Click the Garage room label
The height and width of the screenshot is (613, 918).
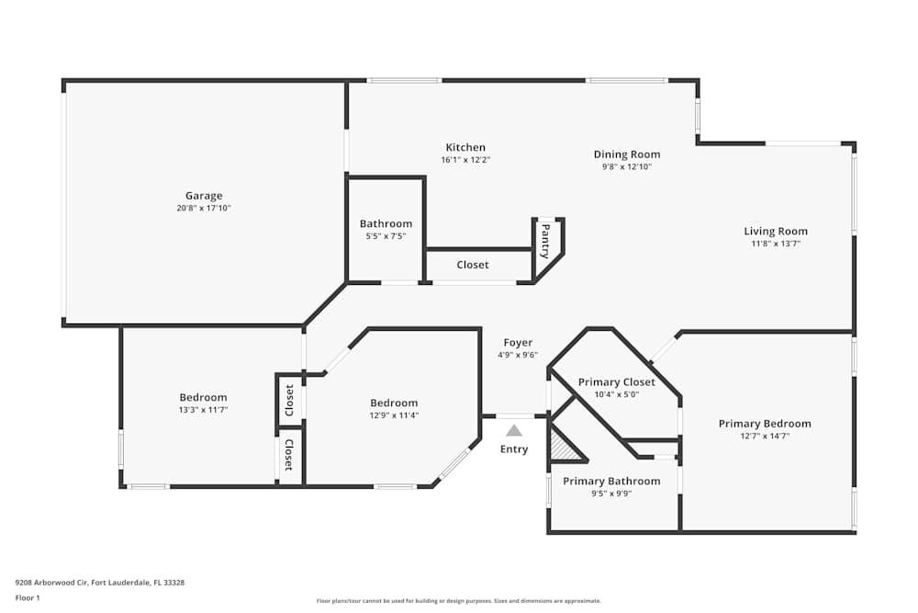click(x=204, y=196)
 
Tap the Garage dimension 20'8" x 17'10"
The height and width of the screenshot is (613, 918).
click(x=204, y=209)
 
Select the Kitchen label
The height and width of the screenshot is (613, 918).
click(x=465, y=147)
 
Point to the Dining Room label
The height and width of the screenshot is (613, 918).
click(x=627, y=154)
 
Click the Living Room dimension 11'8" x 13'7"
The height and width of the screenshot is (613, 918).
click(x=776, y=244)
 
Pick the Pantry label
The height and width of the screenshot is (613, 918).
click(x=545, y=240)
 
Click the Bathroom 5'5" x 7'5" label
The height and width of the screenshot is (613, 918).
click(x=386, y=223)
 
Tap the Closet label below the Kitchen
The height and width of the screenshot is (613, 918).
click(x=473, y=265)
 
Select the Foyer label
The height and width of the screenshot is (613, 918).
click(x=518, y=343)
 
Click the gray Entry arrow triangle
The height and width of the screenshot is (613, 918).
click(x=515, y=430)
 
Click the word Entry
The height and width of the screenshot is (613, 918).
click(x=514, y=449)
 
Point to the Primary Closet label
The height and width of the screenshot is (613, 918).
click(x=617, y=382)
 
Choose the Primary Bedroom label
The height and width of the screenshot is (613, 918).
click(x=765, y=424)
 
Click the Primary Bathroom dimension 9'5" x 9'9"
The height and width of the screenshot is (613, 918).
click(x=611, y=494)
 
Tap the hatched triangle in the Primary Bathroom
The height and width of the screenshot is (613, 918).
click(x=562, y=448)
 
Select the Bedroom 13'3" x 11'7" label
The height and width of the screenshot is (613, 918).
click(x=203, y=398)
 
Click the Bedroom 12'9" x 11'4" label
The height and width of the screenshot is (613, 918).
click(x=394, y=403)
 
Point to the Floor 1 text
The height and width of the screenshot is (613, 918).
click(x=28, y=597)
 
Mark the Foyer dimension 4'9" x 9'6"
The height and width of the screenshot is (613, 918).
click(x=518, y=355)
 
